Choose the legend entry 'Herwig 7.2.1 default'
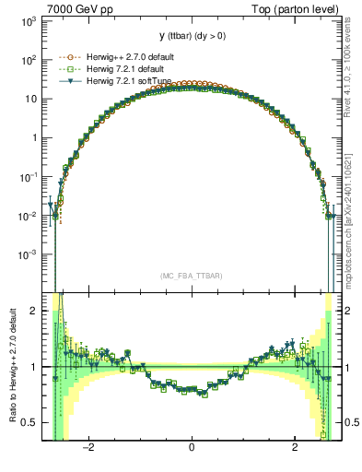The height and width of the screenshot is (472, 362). pyautogui.click(x=112, y=68)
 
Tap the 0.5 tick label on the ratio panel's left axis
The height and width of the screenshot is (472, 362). pyautogui.click(x=30, y=422)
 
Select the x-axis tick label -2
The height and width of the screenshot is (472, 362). pyautogui.click(x=88, y=449)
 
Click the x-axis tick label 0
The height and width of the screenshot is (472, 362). pyautogui.click(x=191, y=449)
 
